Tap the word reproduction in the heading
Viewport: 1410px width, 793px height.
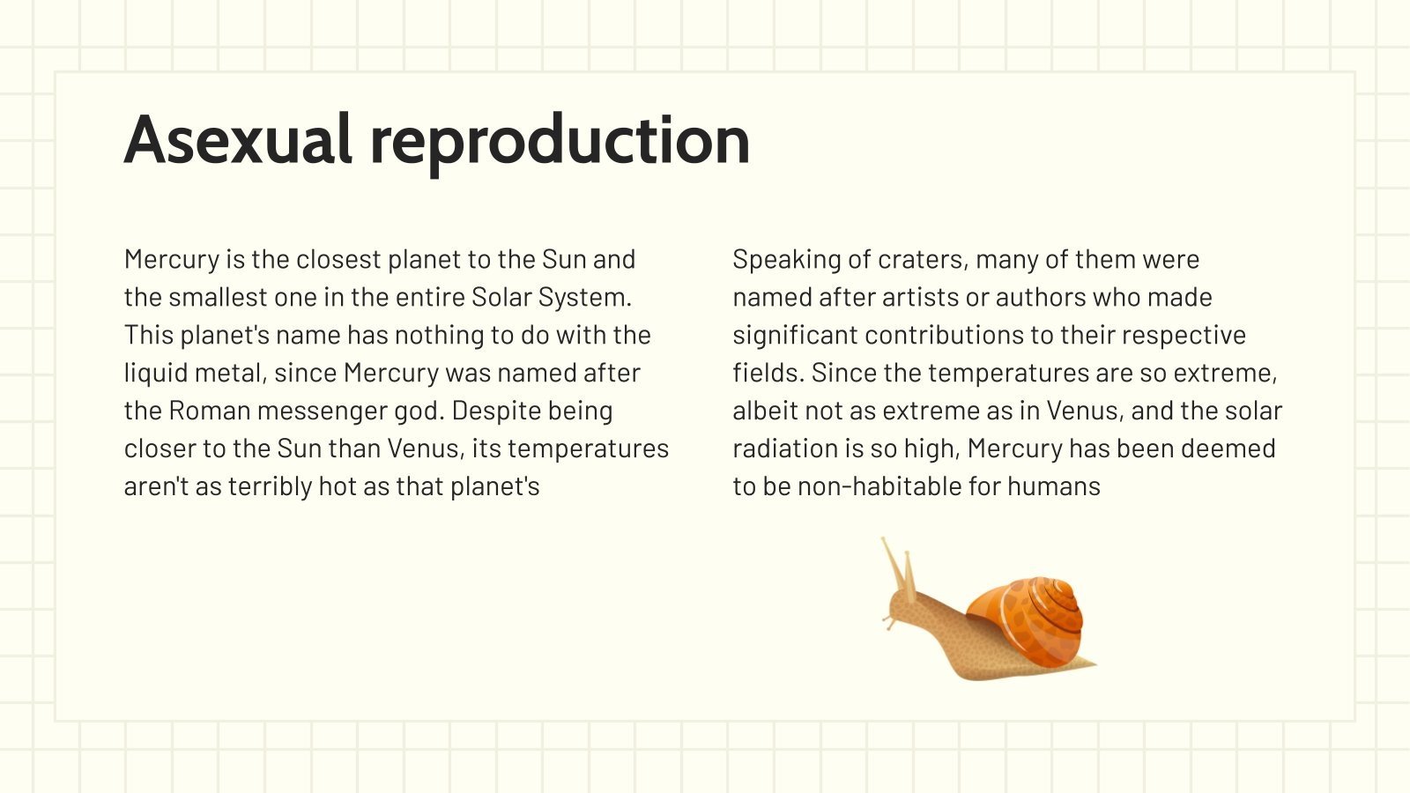pos(560,141)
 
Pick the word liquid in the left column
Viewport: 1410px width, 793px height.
pos(151,374)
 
